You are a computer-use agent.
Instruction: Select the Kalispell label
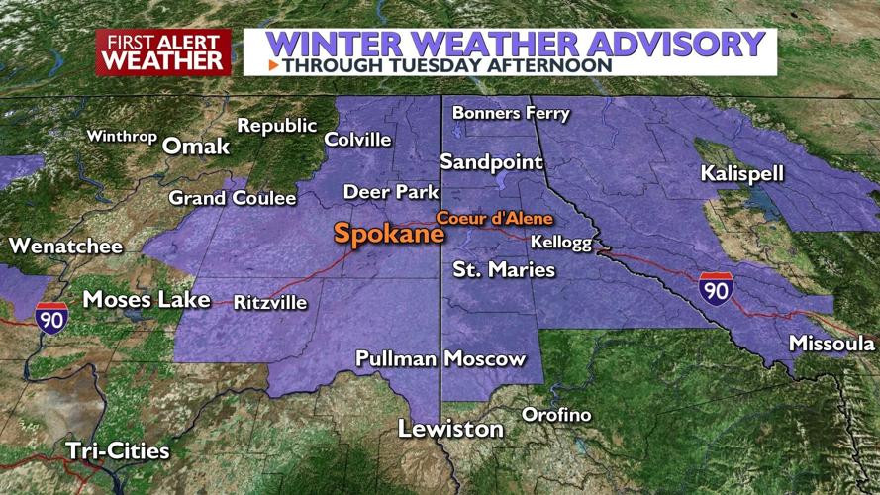click(x=741, y=173)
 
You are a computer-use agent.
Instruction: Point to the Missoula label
click(x=831, y=344)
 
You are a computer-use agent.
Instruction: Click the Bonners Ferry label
click(x=511, y=113)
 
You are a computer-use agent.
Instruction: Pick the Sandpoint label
click(x=492, y=161)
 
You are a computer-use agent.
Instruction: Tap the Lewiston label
click(x=450, y=429)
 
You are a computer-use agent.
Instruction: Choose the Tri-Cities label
click(x=117, y=450)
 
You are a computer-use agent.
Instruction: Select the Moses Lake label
click(x=147, y=298)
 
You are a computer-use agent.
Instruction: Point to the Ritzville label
click(x=270, y=302)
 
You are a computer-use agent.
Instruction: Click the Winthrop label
click(x=122, y=137)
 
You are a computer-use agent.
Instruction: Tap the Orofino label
click(x=556, y=414)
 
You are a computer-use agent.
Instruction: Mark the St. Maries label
click(x=504, y=269)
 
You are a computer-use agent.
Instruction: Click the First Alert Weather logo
click(x=163, y=51)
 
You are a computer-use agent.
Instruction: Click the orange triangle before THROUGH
click(x=273, y=65)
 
